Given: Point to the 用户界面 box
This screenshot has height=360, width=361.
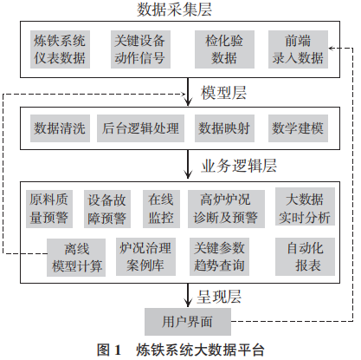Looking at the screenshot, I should click(x=187, y=321).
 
